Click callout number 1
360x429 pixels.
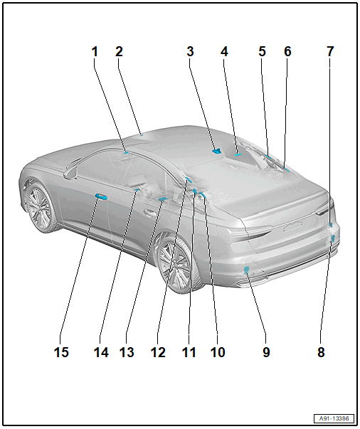pyautogui.click(x=95, y=52)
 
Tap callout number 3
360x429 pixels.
pyautogui.click(x=191, y=52)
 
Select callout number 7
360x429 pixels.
pyautogui.click(x=330, y=52)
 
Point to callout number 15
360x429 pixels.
pyautogui.click(x=61, y=352)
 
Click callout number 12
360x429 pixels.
pyautogui.click(x=158, y=352)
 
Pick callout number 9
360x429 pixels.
pyautogui.click(x=266, y=352)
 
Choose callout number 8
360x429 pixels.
pyautogui.click(x=321, y=352)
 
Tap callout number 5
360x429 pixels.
pyautogui.click(x=262, y=52)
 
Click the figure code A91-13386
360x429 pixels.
pyautogui.click(x=334, y=418)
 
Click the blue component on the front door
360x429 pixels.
pyautogui.click(x=100, y=196)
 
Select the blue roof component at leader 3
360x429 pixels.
pyautogui.click(x=217, y=151)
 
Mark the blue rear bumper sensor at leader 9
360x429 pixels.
pyautogui.click(x=246, y=270)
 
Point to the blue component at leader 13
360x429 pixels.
pyautogui.click(x=163, y=199)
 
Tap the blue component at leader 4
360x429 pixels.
pyautogui.click(x=238, y=155)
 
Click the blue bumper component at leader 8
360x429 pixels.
pyautogui.click(x=333, y=238)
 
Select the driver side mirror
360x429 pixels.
pyautogui.click(x=70, y=172)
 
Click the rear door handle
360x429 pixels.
pyautogui.click(x=149, y=212)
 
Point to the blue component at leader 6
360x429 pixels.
pyautogui.click(x=287, y=169)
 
